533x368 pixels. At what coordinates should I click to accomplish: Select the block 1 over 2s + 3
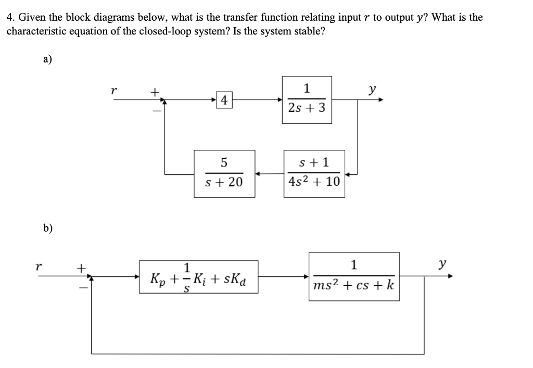click(307, 99)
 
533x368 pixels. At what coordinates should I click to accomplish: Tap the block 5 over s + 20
click(224, 173)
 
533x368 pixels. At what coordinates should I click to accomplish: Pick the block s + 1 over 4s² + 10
click(314, 173)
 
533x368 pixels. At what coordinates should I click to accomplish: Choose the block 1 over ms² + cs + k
click(354, 276)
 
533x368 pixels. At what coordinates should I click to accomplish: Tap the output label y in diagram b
click(442, 264)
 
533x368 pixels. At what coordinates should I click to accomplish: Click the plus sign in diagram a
click(154, 92)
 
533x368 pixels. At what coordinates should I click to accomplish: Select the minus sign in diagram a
click(154, 110)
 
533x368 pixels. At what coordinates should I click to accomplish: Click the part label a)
click(47, 59)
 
